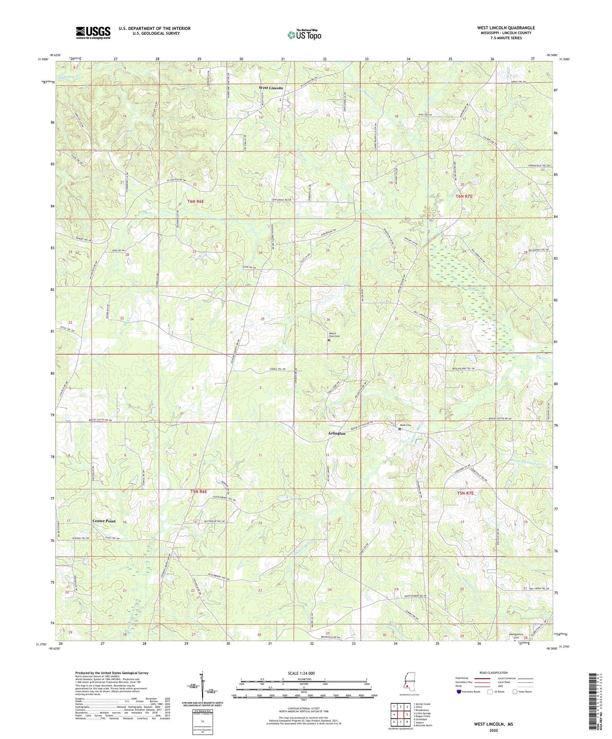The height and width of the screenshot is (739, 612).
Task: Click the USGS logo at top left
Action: coord(93,33)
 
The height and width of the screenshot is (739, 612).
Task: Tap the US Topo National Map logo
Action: coord(304,35)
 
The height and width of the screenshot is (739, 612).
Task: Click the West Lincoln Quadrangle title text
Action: coord(506,28)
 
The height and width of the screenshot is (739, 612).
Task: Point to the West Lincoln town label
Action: coord(271,88)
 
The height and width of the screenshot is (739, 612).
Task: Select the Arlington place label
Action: coord(336,433)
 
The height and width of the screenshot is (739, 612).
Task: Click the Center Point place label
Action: coord(104,521)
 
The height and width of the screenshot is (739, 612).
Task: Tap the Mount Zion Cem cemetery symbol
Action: coord(329,340)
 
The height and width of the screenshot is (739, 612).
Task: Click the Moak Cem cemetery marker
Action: coord(399,429)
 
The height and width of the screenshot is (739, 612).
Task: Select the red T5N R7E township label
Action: coord(464,493)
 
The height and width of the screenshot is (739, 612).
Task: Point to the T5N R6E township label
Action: coord(198,491)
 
